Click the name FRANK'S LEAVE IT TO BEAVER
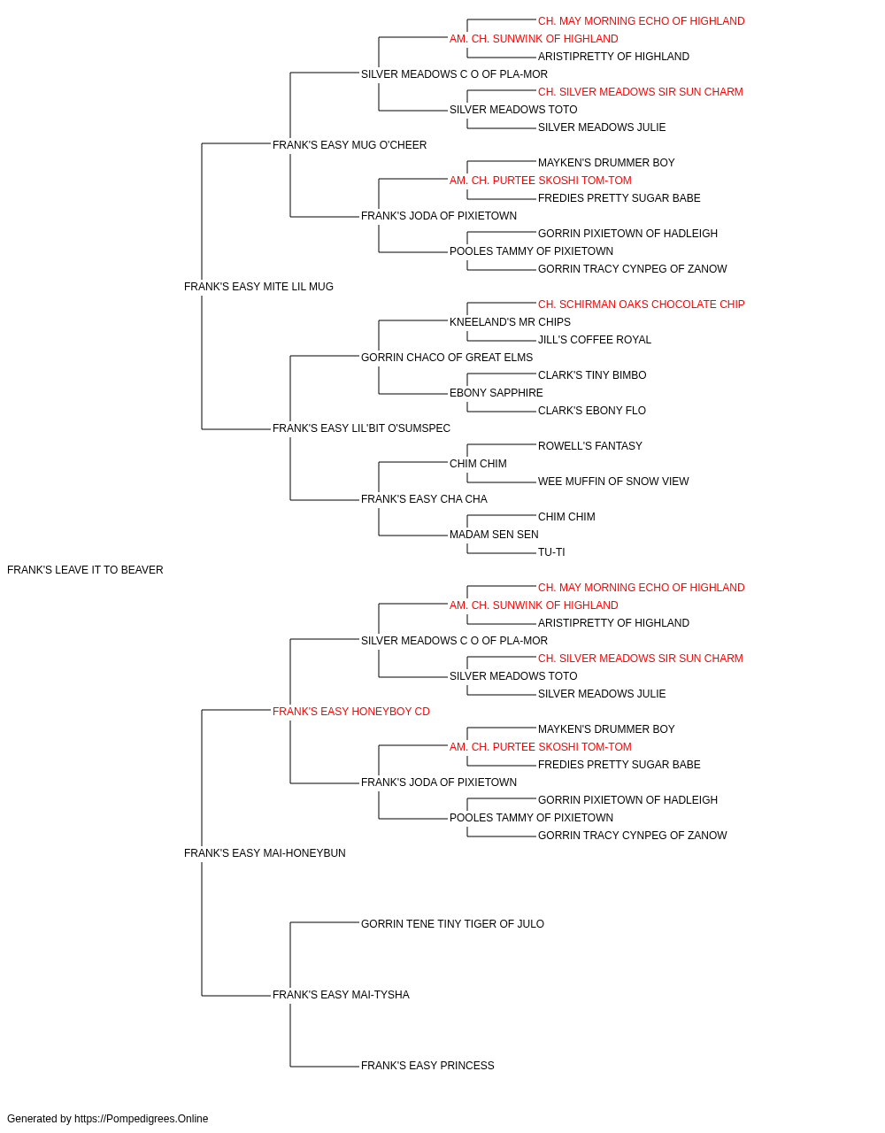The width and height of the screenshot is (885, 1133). (x=85, y=570)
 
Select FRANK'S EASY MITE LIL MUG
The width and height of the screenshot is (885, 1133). (x=258, y=287)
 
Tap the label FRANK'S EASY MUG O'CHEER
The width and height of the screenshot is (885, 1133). (x=350, y=145)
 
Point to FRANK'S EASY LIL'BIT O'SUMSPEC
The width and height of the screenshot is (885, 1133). (x=361, y=428)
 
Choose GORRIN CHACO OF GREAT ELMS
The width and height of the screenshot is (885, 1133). (x=447, y=357)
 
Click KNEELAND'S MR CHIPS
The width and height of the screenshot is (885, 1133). (x=510, y=321)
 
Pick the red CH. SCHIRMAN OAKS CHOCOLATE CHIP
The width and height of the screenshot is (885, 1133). (x=641, y=304)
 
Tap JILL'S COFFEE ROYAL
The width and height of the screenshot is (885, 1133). (x=594, y=339)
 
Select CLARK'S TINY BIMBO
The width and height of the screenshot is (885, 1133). (x=592, y=375)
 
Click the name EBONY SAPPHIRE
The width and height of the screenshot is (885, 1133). (x=496, y=393)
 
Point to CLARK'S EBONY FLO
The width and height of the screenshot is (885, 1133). (x=591, y=411)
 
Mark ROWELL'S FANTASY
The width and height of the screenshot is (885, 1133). (x=590, y=446)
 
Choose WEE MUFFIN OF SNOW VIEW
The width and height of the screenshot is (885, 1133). (x=613, y=482)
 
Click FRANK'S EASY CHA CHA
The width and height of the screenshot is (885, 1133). (x=424, y=499)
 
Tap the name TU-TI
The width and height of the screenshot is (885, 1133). (x=551, y=552)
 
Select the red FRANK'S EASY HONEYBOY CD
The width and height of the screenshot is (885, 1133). (x=350, y=711)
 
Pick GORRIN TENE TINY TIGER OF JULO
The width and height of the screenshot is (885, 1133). (x=452, y=924)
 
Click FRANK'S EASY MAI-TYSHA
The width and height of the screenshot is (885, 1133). (x=341, y=995)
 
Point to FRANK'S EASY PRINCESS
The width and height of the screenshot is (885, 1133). (x=427, y=1066)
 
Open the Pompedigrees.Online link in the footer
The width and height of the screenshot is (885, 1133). (x=142, y=1119)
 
